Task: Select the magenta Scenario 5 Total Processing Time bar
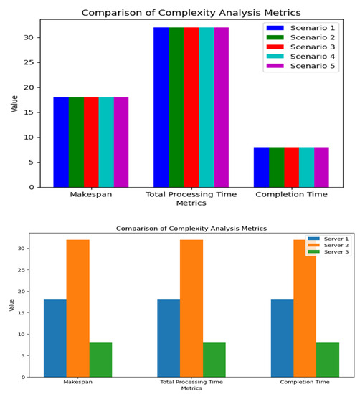221,107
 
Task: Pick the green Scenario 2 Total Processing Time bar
176,107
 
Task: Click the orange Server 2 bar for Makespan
77,308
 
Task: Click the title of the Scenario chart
191,12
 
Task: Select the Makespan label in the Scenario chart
90,194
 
